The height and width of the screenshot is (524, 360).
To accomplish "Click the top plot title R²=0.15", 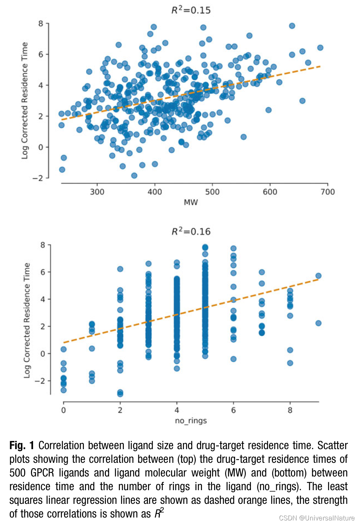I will pos(191,10).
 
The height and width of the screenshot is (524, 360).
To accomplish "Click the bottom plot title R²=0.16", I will pos(191,231).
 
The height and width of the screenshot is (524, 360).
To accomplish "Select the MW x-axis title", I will pos(191,202).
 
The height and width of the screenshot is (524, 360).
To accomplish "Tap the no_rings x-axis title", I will pos(191,420).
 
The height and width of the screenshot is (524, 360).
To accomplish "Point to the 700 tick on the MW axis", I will pos(328,192).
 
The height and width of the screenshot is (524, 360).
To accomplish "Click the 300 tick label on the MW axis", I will pos(97,192).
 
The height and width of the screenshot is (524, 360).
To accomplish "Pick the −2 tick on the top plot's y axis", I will pos(37,178).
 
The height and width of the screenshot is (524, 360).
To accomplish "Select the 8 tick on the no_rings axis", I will pos(290,410).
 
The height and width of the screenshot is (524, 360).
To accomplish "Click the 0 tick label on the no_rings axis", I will pos(64,410).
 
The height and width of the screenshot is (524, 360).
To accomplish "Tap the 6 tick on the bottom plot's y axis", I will pos(43,272).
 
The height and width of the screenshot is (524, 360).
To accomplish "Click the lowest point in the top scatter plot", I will pos(134,176).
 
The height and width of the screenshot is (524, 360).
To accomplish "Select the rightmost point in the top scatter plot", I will pos(320,48).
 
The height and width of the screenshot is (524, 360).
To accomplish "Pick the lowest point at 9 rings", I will pos(318,323).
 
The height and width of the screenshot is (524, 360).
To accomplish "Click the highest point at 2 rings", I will pos(120,269).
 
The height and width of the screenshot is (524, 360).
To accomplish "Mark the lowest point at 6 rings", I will pos(233,359).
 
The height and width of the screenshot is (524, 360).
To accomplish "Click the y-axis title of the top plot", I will pos(24,101).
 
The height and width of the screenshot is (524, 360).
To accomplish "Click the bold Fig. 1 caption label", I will pos(22,446).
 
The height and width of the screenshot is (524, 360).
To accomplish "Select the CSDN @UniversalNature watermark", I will pos(317,518).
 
